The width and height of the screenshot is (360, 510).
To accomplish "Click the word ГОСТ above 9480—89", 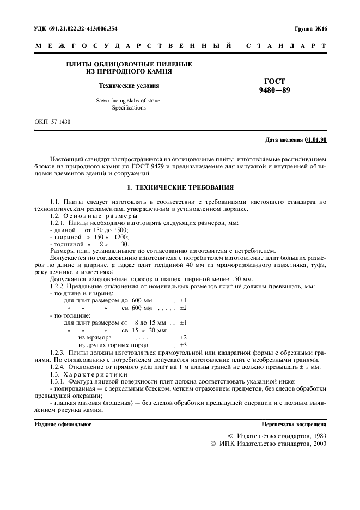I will (274, 81).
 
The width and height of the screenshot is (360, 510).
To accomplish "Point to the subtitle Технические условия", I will (129, 86).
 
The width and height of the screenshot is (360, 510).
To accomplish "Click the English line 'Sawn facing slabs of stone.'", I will (129, 100).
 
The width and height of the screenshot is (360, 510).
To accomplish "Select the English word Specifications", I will (129, 108).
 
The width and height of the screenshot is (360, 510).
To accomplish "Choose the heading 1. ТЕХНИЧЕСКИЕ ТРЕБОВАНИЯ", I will (180, 187).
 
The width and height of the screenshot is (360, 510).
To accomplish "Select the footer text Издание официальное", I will (63, 424).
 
